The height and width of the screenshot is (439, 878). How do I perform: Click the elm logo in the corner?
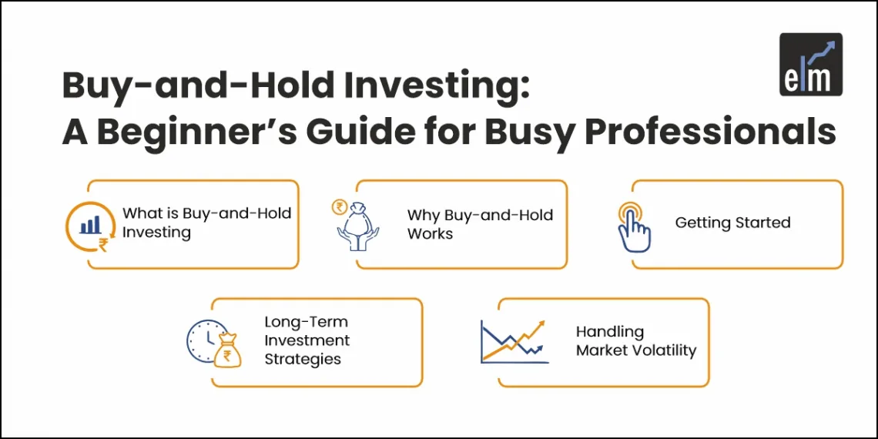[811, 65]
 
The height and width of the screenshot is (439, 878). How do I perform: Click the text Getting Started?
[732, 223]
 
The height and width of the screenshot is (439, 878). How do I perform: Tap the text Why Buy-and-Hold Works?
[480, 224]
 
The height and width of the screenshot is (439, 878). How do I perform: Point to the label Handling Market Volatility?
[635, 341]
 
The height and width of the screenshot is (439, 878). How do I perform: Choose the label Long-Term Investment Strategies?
[307, 340]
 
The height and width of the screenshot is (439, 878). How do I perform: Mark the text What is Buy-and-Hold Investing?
[206, 222]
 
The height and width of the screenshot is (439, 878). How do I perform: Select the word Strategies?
[303, 359]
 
